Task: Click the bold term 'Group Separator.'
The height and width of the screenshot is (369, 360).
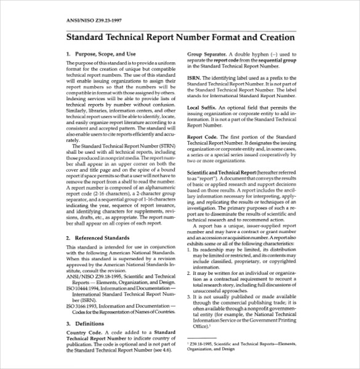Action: point(209,54)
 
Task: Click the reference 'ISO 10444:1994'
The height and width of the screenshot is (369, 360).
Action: point(86,288)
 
